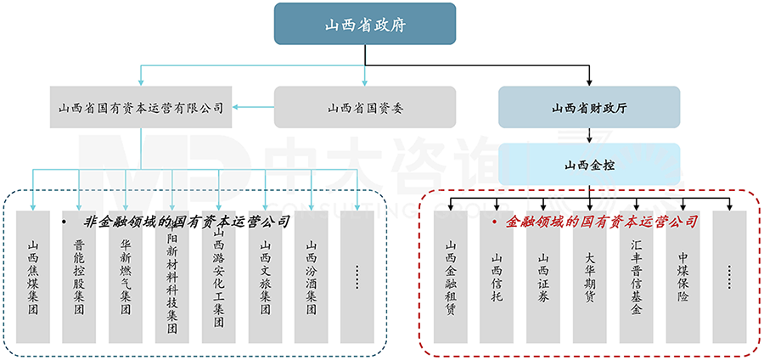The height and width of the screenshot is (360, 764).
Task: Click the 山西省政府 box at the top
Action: (364, 24)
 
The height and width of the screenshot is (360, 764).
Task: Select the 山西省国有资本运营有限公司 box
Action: (141, 108)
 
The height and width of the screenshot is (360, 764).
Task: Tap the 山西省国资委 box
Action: (364, 108)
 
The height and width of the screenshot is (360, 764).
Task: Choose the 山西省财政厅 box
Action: (589, 108)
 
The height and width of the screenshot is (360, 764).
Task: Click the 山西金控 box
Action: (589, 164)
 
